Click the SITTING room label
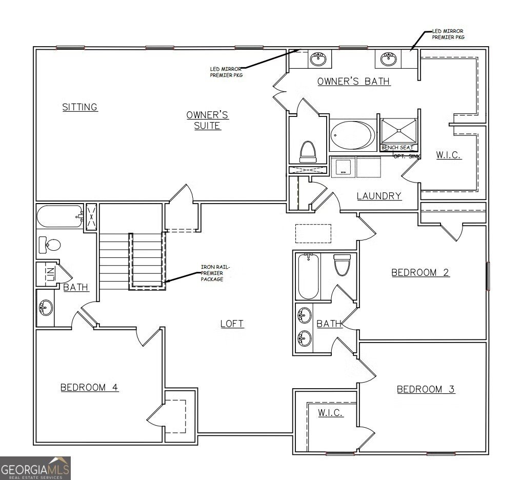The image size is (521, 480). pos(80,107)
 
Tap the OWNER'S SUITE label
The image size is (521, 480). pos(207,120)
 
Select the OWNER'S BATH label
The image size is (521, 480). pos(354,81)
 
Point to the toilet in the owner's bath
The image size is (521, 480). pos(308,152)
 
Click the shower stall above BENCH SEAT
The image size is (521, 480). pos(398,131)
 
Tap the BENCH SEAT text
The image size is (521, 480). pos(397,148)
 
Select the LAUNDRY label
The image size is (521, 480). pos(378,195)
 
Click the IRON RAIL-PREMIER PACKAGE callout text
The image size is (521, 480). pos(212,273)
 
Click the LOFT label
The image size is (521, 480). pos(232,324)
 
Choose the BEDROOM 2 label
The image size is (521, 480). pos(420,272)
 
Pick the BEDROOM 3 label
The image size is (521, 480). pos(426,389)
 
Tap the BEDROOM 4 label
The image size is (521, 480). pos(89,387)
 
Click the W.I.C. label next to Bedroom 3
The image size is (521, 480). pos(330,413)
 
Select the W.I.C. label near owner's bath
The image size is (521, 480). pos(449,155)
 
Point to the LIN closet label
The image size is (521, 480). pos(44,275)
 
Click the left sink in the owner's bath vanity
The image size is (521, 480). pos(319,58)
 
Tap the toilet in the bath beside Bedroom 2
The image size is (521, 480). pos(341,265)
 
